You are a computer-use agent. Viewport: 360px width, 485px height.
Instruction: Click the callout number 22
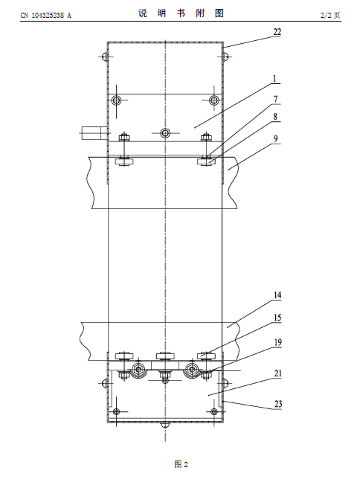(x=277, y=32)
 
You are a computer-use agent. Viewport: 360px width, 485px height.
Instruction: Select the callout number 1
(x=275, y=79)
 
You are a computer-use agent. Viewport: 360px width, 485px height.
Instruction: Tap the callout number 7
(x=275, y=99)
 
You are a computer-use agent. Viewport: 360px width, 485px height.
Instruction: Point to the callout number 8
(x=275, y=117)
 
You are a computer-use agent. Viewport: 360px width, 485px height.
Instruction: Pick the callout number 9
(x=275, y=138)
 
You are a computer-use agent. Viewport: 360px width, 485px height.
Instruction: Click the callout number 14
(x=277, y=295)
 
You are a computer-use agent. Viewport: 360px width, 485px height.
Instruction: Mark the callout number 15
(x=277, y=318)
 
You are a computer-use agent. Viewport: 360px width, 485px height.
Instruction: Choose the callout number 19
(x=277, y=342)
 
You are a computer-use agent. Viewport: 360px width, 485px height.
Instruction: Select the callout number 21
(x=278, y=373)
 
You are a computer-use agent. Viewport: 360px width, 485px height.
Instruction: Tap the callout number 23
(x=278, y=404)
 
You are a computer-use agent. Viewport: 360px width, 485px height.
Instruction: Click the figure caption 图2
(x=181, y=464)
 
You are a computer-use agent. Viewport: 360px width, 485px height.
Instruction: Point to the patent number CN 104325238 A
(x=46, y=15)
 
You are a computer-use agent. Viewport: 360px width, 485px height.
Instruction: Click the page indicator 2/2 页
(x=330, y=15)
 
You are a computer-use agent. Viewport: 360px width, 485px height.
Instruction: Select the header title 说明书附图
(x=181, y=13)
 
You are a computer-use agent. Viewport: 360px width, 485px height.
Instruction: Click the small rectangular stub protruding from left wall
(x=91, y=133)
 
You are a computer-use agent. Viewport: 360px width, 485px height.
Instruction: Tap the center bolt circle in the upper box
(x=165, y=133)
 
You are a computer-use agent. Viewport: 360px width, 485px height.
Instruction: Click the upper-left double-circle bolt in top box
(x=116, y=100)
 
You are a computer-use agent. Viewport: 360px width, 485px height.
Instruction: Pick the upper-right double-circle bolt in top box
(x=214, y=100)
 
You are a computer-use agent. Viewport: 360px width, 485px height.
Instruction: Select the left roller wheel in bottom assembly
(x=138, y=370)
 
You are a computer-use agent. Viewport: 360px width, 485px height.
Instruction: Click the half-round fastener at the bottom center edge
(x=165, y=425)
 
